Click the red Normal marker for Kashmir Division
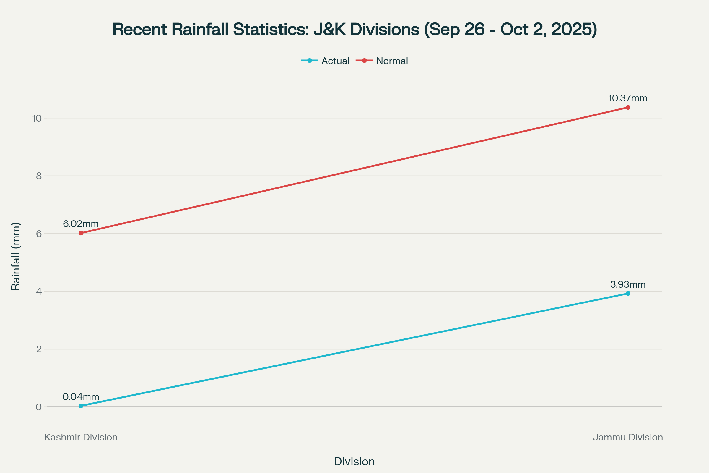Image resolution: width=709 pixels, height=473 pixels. tap(81, 233)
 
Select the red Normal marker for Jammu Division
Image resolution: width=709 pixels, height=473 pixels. tap(628, 107)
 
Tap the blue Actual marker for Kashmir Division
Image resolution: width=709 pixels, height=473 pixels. tap(81, 406)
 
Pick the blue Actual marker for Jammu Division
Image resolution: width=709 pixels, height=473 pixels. tap(628, 294)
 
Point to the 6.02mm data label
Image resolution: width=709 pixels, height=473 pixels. tap(81, 224)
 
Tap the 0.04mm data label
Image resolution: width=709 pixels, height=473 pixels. tap(81, 397)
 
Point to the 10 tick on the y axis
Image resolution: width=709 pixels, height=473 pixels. tap(37, 118)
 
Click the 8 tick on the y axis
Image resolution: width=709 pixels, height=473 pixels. tap(39, 176)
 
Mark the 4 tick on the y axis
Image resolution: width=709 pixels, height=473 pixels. tap(39, 291)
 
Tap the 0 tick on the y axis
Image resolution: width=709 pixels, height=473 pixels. tap(39, 407)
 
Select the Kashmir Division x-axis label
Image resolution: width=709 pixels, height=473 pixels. tap(81, 438)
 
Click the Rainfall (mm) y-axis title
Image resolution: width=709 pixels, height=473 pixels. tap(16, 256)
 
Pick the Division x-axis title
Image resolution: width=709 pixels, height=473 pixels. tap(354, 461)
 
